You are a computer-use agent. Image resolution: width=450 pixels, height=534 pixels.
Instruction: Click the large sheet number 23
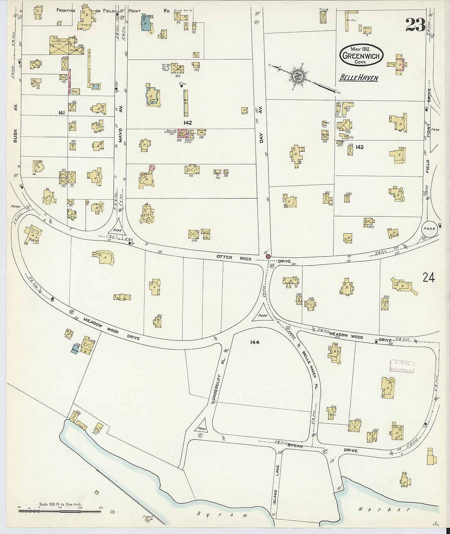tap(415, 25)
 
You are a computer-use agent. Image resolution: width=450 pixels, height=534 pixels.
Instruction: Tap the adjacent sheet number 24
tap(429, 278)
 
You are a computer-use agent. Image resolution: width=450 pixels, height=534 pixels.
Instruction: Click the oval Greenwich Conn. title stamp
tap(361, 55)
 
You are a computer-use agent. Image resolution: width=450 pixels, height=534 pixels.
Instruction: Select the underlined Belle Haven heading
tap(359, 78)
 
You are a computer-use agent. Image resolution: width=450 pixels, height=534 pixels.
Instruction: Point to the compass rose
tap(297, 76)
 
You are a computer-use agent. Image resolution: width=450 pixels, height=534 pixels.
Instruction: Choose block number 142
tap(188, 122)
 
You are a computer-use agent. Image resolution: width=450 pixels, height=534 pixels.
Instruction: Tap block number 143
tap(359, 147)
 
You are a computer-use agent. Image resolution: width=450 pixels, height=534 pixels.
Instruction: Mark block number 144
tap(255, 342)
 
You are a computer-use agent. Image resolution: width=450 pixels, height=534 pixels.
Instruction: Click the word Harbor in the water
tap(383, 509)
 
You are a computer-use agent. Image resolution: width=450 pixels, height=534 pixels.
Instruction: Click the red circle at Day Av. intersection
tap(268, 257)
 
